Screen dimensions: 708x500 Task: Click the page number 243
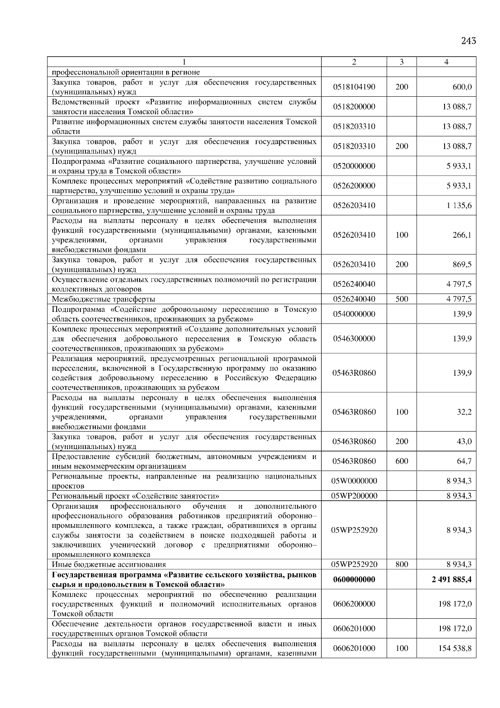point(468,41)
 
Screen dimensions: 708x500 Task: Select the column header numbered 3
point(401,62)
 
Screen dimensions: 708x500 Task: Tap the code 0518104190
point(354,87)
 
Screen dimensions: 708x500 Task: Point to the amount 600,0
point(462,87)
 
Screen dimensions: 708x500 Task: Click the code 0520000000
point(354,166)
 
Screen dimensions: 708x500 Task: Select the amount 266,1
point(462,235)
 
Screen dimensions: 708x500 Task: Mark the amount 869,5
point(462,264)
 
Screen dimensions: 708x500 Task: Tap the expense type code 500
point(402,299)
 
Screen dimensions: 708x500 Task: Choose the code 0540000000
point(354,314)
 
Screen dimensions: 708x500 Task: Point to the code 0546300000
point(354,339)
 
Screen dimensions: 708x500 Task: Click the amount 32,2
point(464,412)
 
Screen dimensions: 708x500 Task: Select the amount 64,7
point(464,461)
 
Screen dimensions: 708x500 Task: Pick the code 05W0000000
point(354,481)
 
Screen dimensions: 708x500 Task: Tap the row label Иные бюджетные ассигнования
point(109,565)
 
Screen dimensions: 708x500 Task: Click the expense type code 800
point(402,565)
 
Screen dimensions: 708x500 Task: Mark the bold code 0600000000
point(354,580)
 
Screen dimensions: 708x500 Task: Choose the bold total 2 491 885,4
point(452,580)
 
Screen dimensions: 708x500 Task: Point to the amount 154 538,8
point(455,648)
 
